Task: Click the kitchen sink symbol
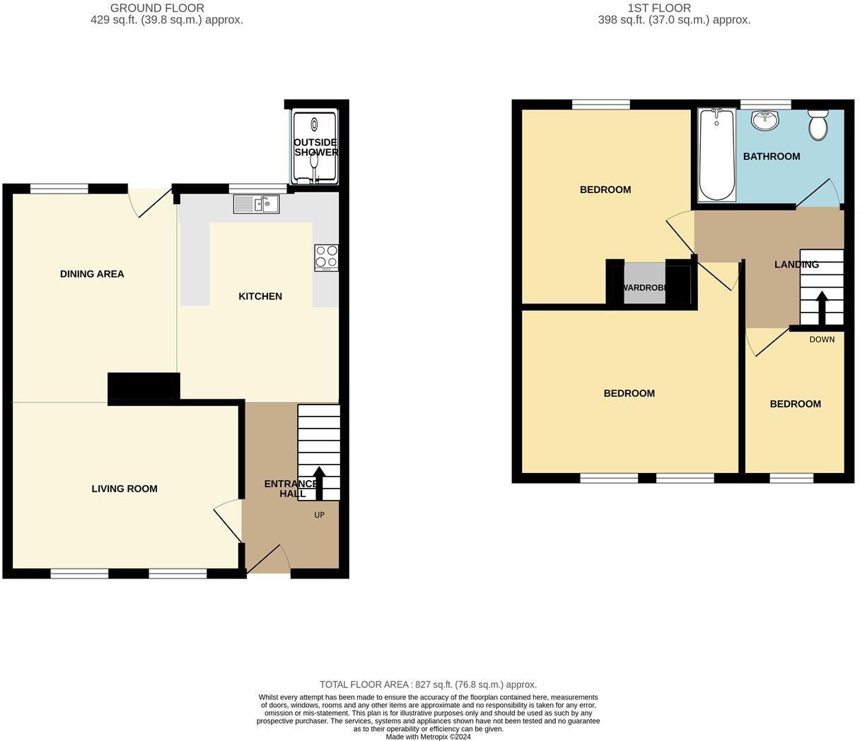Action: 256,204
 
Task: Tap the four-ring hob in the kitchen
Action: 326,257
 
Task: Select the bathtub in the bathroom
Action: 716,156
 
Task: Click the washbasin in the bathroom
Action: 765,121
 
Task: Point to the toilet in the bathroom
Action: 818,125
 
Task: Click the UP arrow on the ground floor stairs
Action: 319,483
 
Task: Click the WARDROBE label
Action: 644,288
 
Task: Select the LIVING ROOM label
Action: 124,489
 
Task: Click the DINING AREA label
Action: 92,274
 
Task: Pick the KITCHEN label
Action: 260,296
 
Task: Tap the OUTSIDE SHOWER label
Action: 315,147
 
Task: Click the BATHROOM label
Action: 772,156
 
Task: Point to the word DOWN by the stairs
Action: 822,339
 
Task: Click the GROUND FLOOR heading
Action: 157,8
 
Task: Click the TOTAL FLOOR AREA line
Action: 428,684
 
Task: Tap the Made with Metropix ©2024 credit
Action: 428,736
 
